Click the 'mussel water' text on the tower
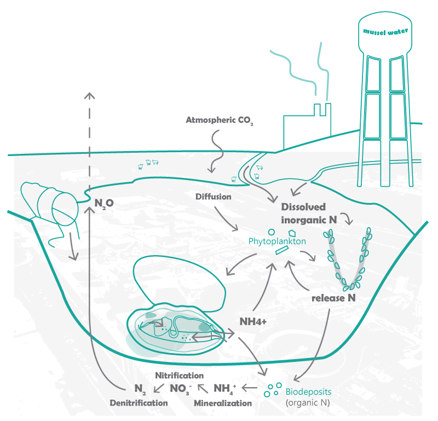[385, 31]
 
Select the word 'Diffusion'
[212, 195]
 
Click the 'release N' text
[334, 298]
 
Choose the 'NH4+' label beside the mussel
[253, 321]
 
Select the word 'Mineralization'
[223, 402]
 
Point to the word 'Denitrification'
[139, 402]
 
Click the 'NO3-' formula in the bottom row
[180, 389]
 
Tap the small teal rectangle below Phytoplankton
[281, 251]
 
